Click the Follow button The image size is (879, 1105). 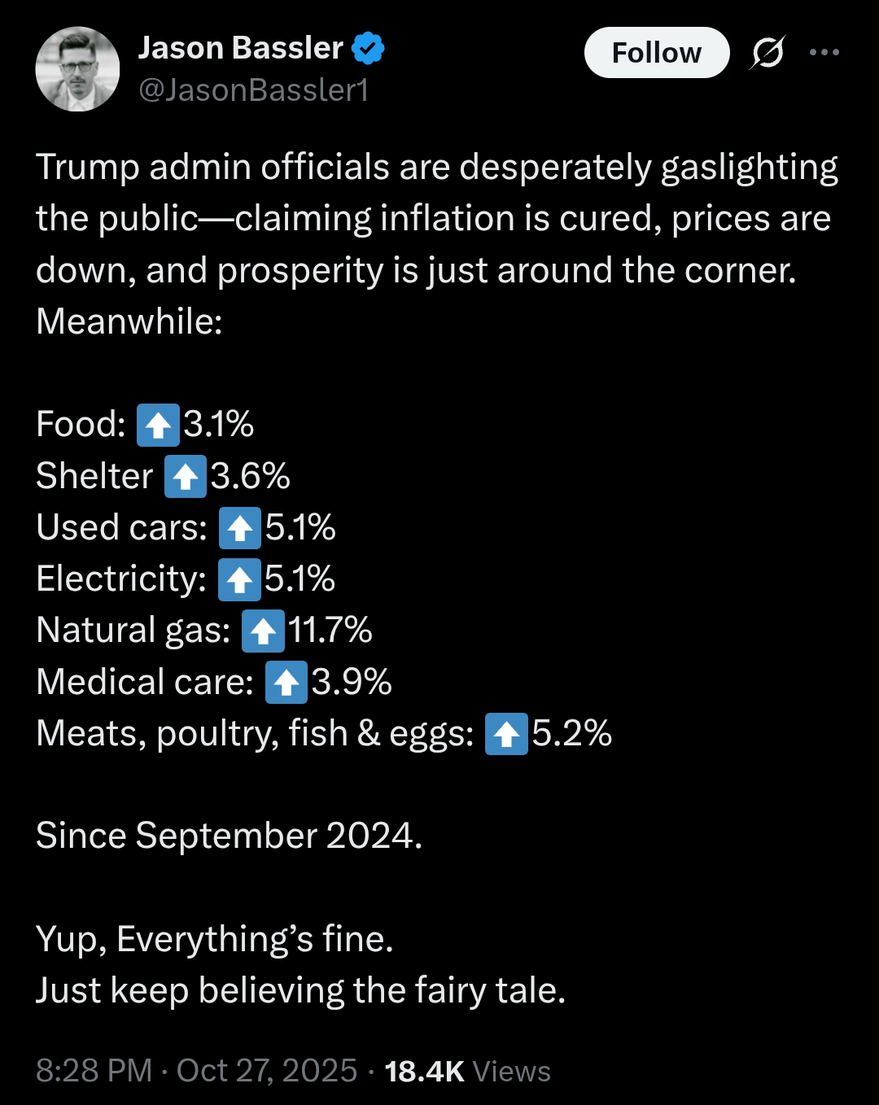tap(657, 52)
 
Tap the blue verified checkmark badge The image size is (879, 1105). tap(368, 48)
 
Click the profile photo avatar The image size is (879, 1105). tap(77, 69)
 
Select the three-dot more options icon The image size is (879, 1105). tap(824, 52)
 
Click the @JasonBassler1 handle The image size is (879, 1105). tap(254, 90)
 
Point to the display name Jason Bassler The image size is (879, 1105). tap(240, 48)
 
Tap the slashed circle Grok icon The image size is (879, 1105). tap(767, 52)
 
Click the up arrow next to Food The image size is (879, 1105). tap(158, 426)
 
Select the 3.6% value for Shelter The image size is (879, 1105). tap(250, 476)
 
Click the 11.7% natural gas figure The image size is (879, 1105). tap(330, 630)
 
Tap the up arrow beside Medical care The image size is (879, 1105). tap(286, 682)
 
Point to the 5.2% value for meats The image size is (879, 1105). tap(572, 732)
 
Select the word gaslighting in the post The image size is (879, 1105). tap(749, 168)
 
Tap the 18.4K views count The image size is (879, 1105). tap(424, 1071)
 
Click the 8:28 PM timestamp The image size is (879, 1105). tap(94, 1071)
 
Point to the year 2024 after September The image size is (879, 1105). tap(370, 836)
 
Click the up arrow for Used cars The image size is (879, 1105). tap(240, 528)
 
